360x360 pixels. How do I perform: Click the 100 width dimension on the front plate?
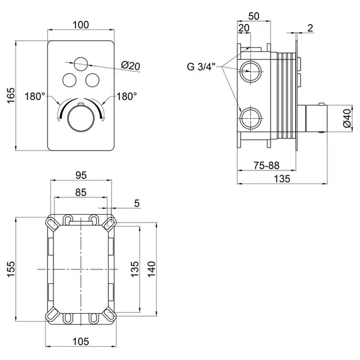80,25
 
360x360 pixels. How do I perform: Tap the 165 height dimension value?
11,95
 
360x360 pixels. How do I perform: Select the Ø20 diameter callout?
131,66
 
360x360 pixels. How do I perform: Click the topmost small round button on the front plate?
81,64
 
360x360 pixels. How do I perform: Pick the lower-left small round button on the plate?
70,80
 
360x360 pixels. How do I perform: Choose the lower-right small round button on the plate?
92,80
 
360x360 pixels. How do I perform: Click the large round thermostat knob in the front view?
81,118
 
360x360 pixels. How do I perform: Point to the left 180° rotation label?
35,97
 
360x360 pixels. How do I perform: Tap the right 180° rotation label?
127,97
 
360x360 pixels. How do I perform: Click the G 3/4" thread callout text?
201,67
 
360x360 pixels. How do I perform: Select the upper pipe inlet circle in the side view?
250,71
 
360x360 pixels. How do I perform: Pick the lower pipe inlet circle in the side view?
250,118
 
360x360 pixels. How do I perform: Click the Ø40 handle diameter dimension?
347,118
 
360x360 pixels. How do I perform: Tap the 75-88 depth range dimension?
266,166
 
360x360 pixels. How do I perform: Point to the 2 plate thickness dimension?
310,28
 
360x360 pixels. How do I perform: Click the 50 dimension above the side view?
254,16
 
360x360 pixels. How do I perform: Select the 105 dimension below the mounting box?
80,341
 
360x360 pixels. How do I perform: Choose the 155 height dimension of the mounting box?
11,269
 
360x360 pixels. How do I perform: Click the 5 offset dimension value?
137,203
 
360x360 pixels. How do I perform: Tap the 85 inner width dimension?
81,193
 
